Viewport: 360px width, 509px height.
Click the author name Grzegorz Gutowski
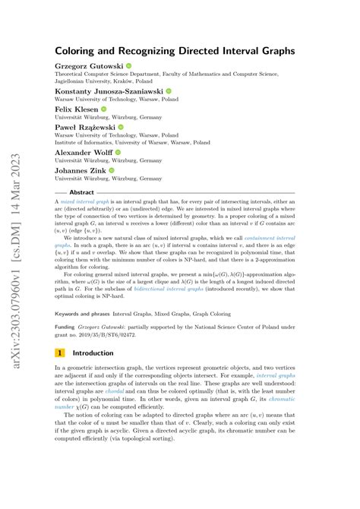pyautogui.click(x=89, y=66)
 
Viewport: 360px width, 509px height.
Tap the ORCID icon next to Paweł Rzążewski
pyautogui.click(x=122, y=128)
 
